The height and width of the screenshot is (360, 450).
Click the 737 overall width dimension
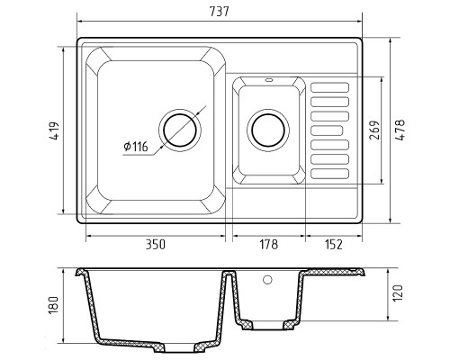tap(219, 12)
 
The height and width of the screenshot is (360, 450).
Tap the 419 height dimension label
tap(55, 130)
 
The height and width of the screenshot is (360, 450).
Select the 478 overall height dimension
tap(400, 130)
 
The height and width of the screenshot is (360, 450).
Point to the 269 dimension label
tap(374, 130)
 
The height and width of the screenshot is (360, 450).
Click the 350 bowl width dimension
tap(156, 245)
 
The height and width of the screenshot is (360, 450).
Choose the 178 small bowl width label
tap(268, 245)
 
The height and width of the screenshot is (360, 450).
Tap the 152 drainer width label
tap(334, 245)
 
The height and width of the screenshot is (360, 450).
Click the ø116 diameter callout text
tap(136, 147)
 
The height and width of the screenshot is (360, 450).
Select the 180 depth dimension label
tap(53, 306)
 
